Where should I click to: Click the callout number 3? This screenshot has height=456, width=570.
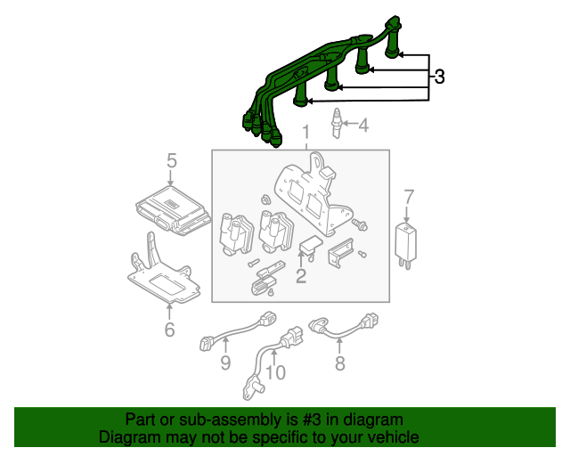pos(439,77)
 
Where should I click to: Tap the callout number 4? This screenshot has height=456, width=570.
pos(363,125)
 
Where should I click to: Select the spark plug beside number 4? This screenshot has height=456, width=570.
pos(337,123)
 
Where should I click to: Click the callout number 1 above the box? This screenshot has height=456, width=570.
pos(306,133)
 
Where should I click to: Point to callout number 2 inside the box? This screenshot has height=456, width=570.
pos(301,276)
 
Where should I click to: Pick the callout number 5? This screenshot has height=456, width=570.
pos(172,160)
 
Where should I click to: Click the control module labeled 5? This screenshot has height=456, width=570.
pos(173,211)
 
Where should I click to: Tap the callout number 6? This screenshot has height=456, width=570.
pos(170,330)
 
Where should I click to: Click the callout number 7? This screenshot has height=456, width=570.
pos(409,197)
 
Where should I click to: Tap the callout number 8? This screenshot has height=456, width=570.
pos(340,362)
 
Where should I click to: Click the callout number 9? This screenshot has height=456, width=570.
pos(225,362)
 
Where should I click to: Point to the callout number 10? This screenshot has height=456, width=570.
pos(275,372)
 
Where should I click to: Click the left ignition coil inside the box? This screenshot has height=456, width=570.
pos(235,234)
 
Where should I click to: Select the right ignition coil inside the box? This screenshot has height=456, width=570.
pos(275,232)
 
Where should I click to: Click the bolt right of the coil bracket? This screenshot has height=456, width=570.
pos(360,224)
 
